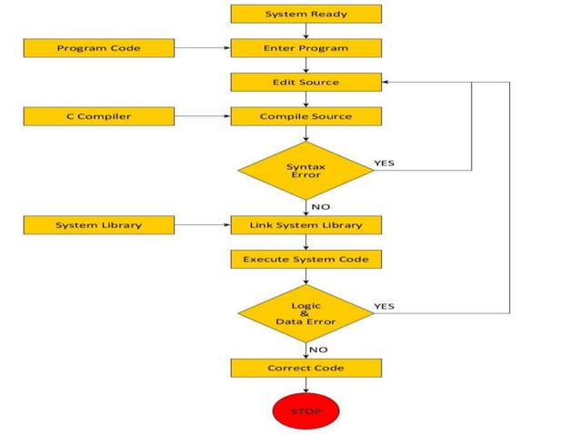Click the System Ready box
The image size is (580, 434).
(x=305, y=14)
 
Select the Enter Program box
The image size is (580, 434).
(x=305, y=47)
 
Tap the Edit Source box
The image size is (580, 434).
(x=305, y=82)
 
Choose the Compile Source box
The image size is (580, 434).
(x=305, y=116)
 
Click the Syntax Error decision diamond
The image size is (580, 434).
(x=305, y=170)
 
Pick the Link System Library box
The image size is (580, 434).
(x=305, y=224)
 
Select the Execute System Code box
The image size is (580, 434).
(x=305, y=259)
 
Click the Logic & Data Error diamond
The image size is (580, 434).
(x=305, y=313)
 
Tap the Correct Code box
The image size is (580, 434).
(x=305, y=368)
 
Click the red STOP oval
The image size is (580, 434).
(x=305, y=410)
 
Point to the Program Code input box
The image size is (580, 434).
(x=98, y=47)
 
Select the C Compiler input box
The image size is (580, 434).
(x=98, y=116)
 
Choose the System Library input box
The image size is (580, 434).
(x=98, y=224)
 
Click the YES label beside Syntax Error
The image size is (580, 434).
(x=385, y=163)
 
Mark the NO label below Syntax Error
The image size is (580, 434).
(x=320, y=206)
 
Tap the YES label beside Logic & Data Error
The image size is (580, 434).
(x=385, y=306)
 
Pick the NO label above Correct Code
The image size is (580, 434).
(x=318, y=349)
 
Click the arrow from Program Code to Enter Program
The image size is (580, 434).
(x=202, y=47)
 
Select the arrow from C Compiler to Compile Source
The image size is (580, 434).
(x=202, y=116)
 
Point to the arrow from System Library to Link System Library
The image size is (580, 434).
(x=202, y=224)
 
